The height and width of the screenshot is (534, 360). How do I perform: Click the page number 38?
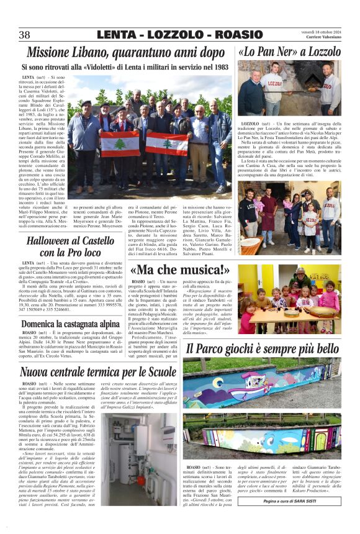click(x=25, y=35)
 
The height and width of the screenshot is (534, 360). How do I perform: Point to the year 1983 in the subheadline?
click(x=216, y=66)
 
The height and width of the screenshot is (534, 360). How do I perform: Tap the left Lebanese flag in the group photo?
click(x=115, y=143)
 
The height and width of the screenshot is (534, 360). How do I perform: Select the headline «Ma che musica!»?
click(x=180, y=270)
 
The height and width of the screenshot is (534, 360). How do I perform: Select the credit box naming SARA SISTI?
click(x=302, y=500)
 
